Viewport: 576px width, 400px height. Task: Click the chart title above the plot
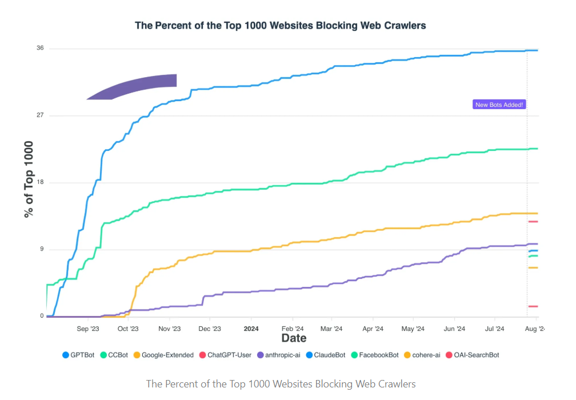point(280,26)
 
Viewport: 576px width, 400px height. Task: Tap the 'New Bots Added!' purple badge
point(499,105)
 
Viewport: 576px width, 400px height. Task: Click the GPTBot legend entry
point(78,355)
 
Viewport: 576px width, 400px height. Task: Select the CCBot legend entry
point(115,355)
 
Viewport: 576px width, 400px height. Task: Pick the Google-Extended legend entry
point(164,355)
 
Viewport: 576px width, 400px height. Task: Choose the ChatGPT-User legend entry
point(225,355)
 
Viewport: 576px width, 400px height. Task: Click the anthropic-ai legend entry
point(279,355)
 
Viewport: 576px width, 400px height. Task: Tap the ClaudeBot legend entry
point(327,355)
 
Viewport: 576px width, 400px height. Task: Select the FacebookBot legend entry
point(375,355)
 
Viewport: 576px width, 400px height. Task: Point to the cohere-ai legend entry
point(422,355)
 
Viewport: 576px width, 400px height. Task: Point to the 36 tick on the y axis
point(40,48)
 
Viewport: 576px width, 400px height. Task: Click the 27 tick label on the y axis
point(40,115)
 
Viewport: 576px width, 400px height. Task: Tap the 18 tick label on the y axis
point(40,183)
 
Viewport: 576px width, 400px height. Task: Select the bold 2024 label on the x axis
point(251,329)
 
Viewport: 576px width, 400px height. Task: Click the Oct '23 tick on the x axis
point(128,329)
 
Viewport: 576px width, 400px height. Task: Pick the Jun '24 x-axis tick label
point(454,329)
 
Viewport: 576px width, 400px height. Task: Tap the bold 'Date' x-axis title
point(294,338)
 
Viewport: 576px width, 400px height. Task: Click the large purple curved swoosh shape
point(137,87)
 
